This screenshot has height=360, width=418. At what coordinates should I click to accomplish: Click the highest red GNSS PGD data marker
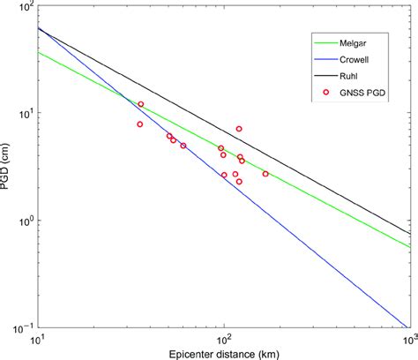(140, 104)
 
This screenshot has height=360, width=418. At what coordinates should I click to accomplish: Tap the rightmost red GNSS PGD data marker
(265, 174)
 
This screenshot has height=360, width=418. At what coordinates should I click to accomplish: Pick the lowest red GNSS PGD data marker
(239, 182)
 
